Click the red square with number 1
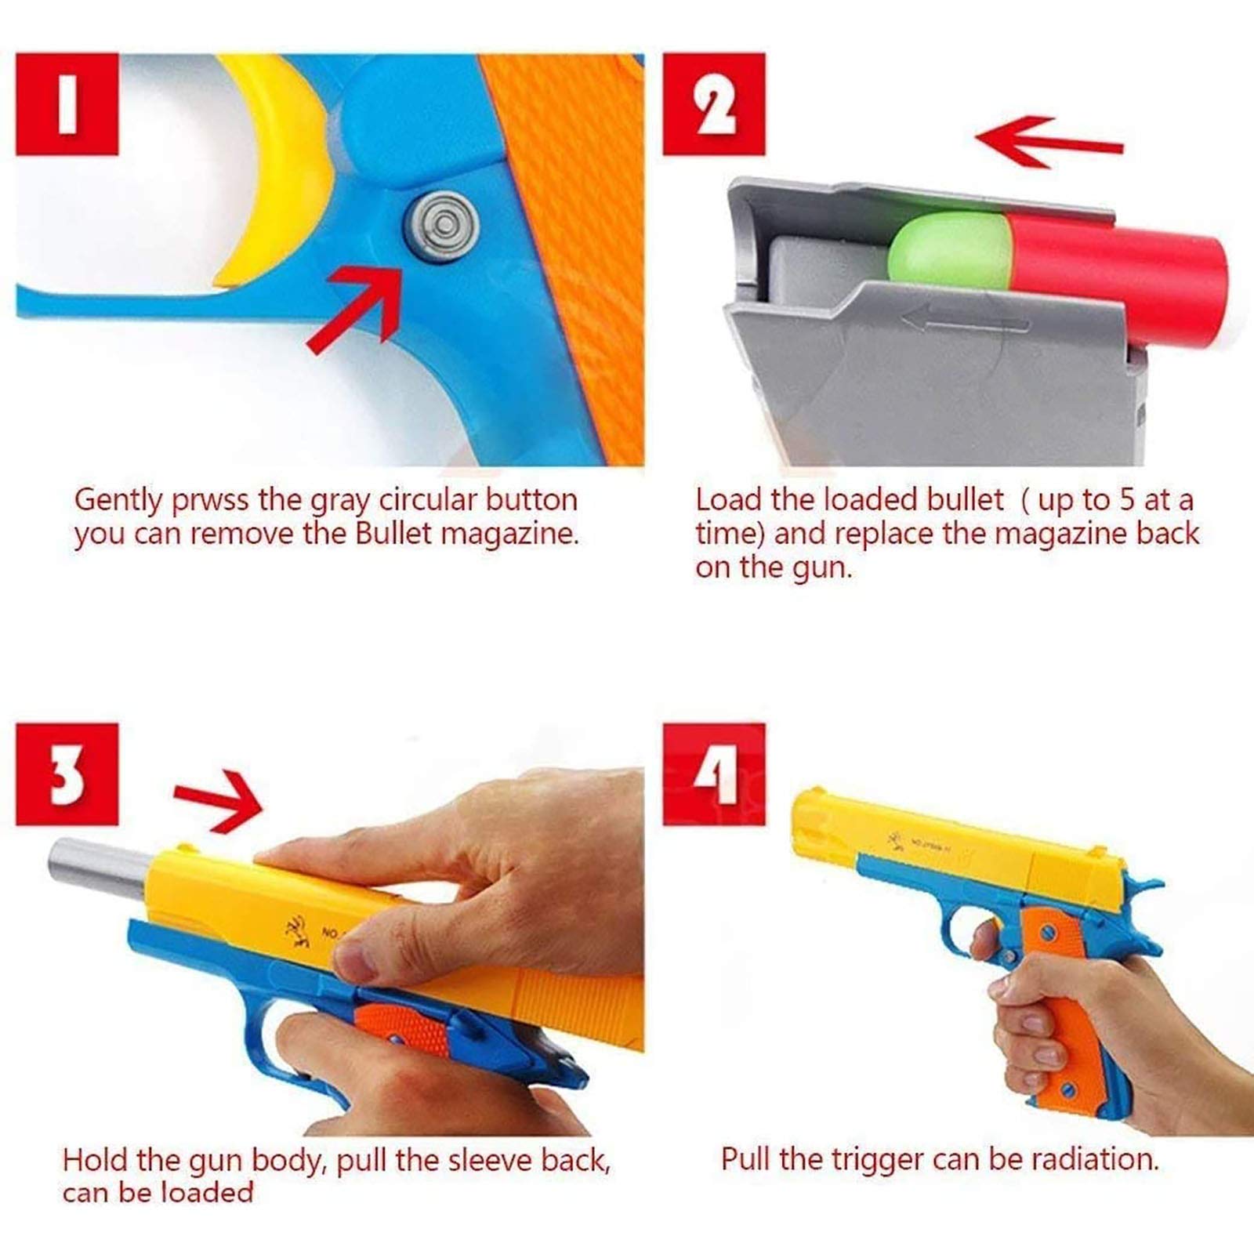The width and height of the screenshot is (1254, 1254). (67, 103)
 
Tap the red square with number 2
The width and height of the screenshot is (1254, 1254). (713, 103)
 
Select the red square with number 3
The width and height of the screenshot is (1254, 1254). (67, 774)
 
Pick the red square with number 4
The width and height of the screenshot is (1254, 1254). (713, 774)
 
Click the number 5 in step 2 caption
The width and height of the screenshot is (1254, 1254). (1126, 500)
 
